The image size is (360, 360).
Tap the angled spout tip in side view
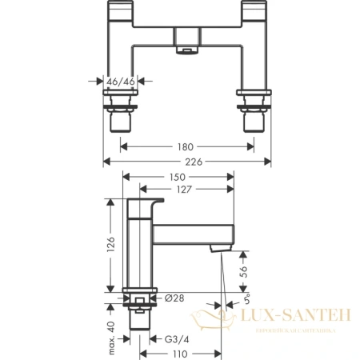click(214, 251)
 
